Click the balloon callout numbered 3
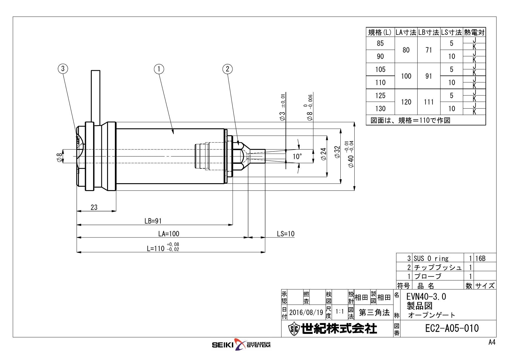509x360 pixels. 63,69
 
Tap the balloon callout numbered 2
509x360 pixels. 228,69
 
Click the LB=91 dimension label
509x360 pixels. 153,221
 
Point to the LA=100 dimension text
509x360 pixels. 169,234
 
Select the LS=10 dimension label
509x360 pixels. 286,234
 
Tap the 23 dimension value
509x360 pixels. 94,208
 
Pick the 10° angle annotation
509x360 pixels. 297,157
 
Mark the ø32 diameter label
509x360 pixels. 337,152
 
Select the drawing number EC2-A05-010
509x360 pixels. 452,329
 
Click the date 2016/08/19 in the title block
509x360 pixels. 306,313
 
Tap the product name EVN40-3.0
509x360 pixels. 426,297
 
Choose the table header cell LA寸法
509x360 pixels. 406,32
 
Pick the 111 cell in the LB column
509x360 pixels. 429,102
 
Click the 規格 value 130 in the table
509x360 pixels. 380,109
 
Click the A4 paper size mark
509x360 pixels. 492,343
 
